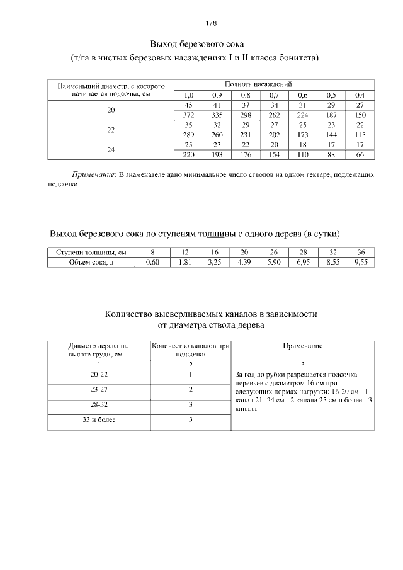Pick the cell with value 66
point(360,154)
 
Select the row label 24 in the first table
point(111,150)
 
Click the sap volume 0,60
point(152,262)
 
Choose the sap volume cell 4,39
point(244,262)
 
